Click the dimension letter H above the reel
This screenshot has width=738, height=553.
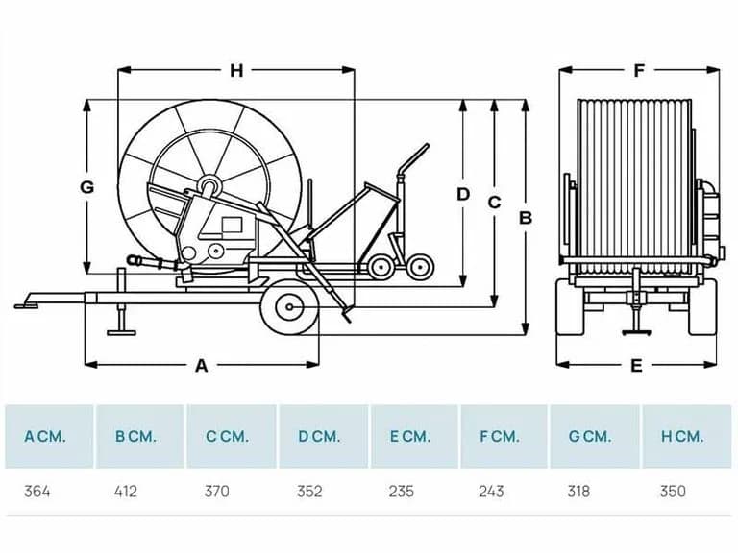[236, 70]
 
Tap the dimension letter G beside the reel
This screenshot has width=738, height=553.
[87, 187]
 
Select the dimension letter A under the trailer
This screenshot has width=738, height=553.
[201, 366]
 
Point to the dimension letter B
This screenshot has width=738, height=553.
[526, 218]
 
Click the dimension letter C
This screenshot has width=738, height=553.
[494, 203]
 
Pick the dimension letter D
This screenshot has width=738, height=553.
[463, 194]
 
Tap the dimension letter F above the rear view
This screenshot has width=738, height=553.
[639, 70]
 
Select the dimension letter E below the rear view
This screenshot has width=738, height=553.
[636, 366]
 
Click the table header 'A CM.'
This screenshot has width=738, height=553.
[45, 437]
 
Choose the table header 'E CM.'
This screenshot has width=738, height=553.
[410, 437]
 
